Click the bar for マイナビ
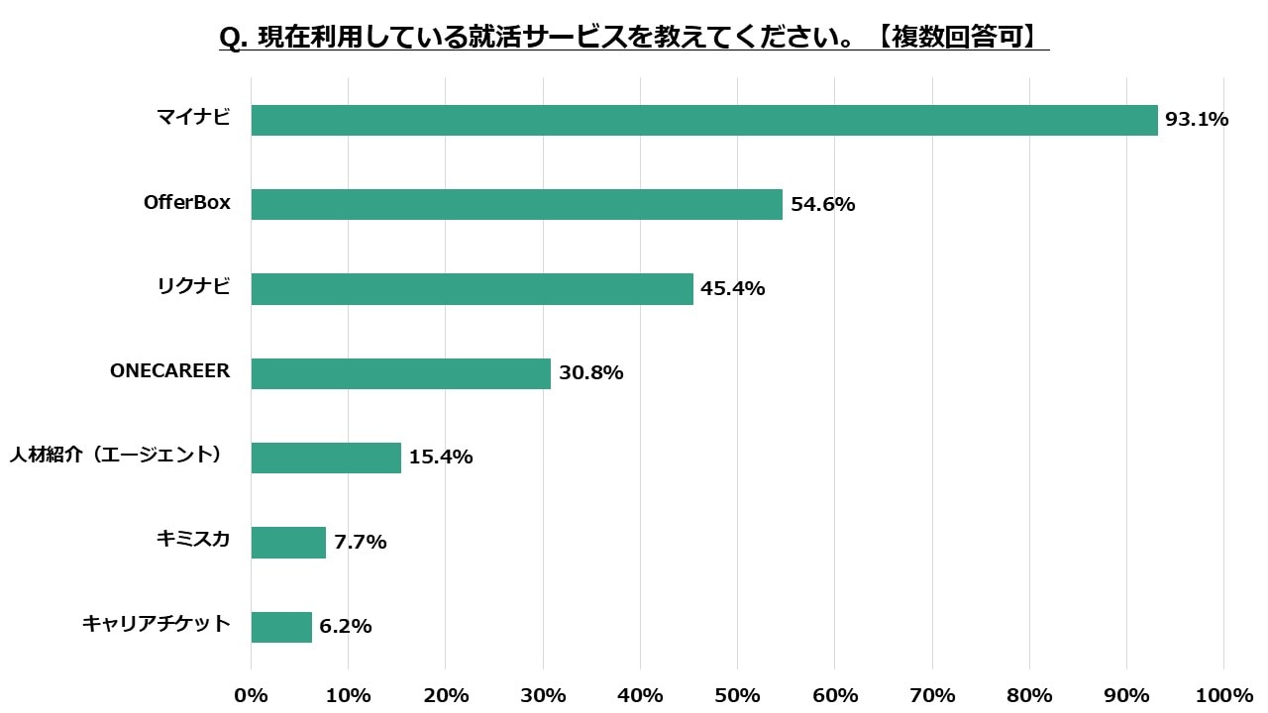tap(704, 120)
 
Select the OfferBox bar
tap(517, 204)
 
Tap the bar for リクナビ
tap(473, 288)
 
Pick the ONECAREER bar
tap(401, 373)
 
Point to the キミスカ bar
tap(288, 542)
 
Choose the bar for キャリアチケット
tap(281, 627)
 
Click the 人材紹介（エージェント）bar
tap(326, 458)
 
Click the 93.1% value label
tap(1197, 120)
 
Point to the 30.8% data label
tap(590, 373)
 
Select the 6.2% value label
tap(346, 627)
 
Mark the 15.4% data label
tap(441, 458)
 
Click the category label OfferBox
tap(187, 203)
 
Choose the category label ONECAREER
tap(169, 371)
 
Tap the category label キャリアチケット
tap(157, 624)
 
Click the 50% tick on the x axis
tap(737, 695)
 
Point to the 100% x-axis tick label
tap(1224, 695)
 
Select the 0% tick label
tap(252, 695)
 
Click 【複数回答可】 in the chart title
tap(958, 37)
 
